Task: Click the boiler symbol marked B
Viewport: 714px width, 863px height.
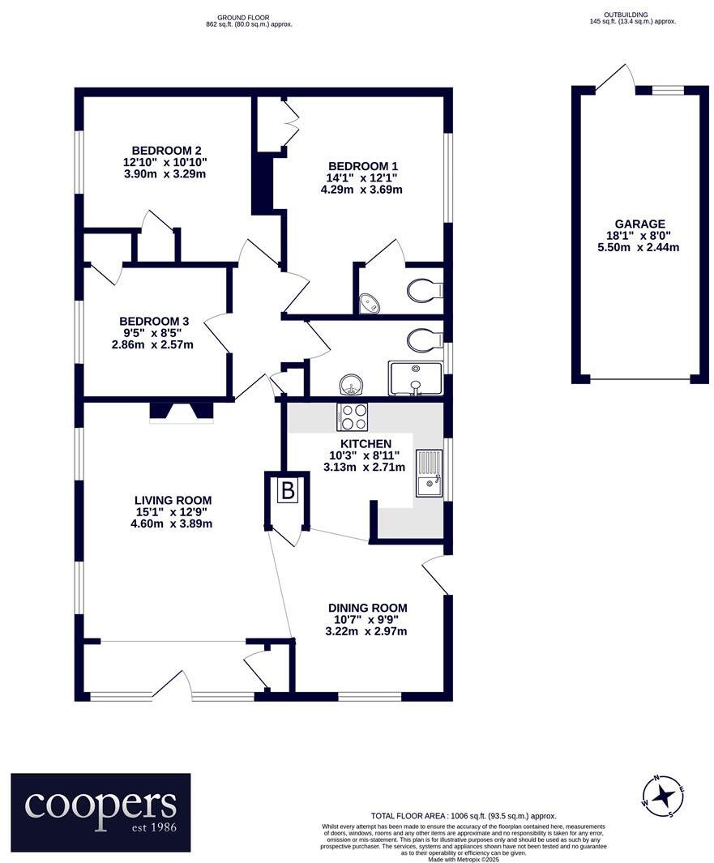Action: [289, 489]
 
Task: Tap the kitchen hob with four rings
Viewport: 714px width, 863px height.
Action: [352, 417]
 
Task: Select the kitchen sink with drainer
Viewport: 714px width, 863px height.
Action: [429, 473]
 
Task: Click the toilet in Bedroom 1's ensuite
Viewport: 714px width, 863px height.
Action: [425, 289]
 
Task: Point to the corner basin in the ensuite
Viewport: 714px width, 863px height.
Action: [369, 303]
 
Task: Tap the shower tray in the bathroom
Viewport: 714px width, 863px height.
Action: [415, 378]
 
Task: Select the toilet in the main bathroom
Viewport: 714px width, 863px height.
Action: [423, 340]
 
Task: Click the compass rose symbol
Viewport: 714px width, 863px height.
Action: [663, 795]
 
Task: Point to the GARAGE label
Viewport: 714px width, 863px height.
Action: [639, 224]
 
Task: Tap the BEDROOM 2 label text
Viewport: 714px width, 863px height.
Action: [167, 150]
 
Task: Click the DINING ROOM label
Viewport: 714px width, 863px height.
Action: [367, 608]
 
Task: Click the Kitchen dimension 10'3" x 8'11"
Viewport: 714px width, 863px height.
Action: [366, 455]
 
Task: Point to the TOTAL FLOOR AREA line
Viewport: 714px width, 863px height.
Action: [464, 816]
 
